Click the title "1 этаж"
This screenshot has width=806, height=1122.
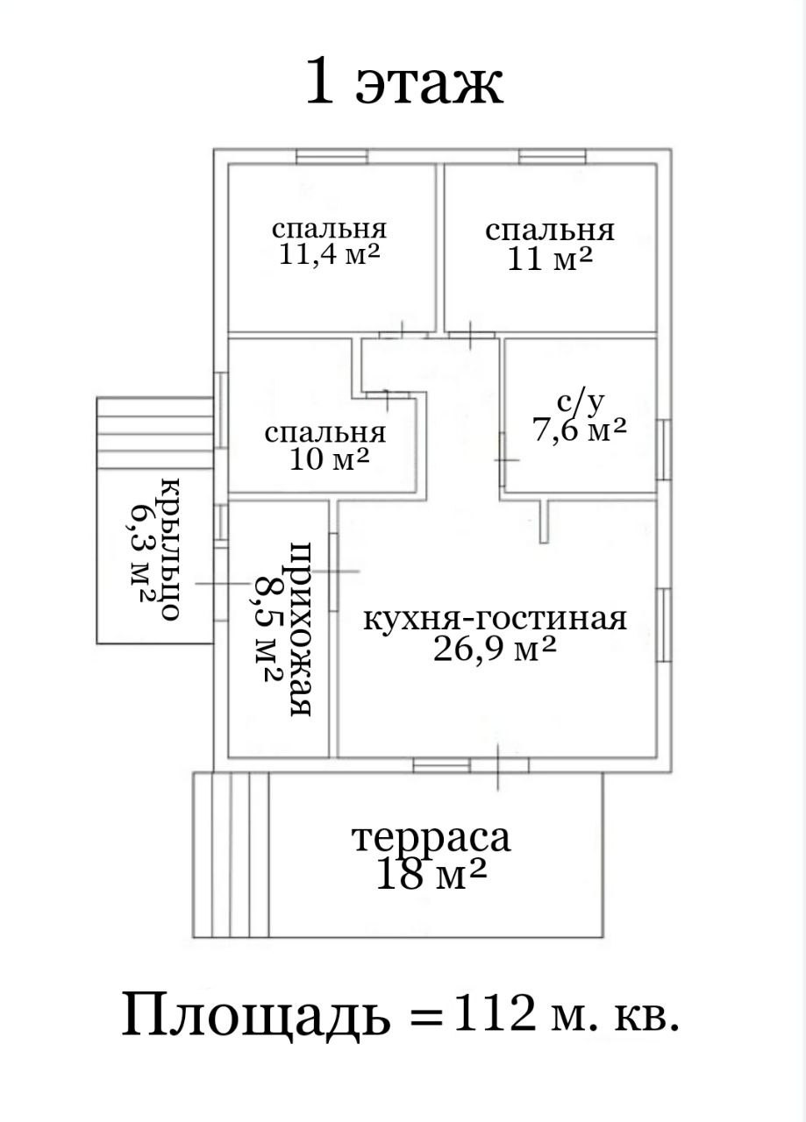coord(403,84)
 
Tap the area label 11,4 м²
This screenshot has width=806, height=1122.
coord(330,255)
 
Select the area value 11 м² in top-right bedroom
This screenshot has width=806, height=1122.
coord(550,259)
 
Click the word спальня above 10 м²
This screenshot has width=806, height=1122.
coord(325,432)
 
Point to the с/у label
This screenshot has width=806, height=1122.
coord(581,402)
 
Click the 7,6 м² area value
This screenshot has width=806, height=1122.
coord(580,429)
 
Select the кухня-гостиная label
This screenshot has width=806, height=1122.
coord(496,619)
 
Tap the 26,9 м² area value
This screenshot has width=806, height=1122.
coord(496,649)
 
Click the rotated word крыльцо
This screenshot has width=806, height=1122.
coord(169,548)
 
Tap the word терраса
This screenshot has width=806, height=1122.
coord(431,837)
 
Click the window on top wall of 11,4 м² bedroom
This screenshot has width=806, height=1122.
coord(331,157)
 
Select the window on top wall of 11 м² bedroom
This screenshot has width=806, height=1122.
coord(552,157)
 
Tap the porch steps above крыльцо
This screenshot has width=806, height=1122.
coord(154,433)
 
